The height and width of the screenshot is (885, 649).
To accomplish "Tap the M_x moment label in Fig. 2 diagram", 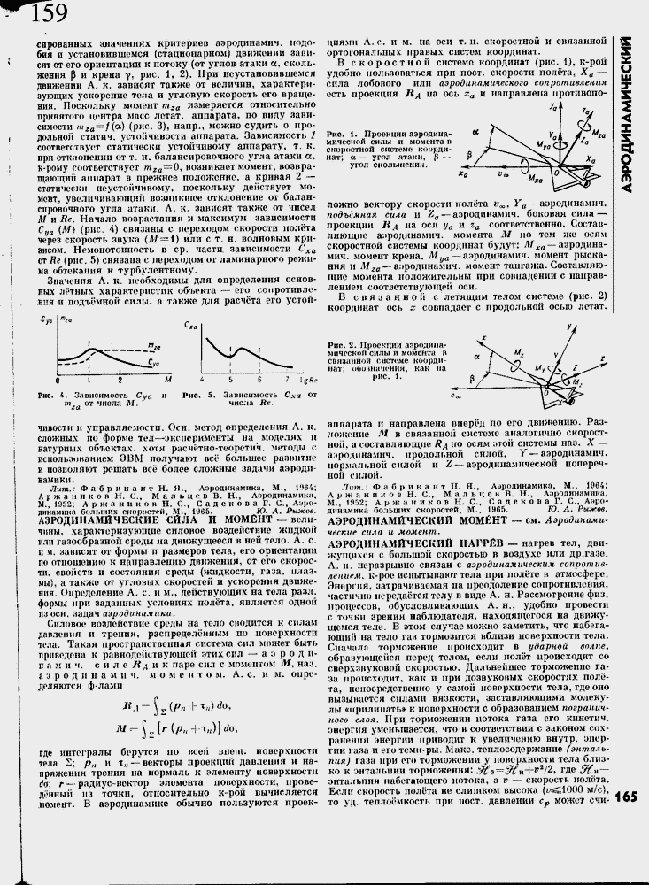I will pyautogui.click(x=521, y=351).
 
